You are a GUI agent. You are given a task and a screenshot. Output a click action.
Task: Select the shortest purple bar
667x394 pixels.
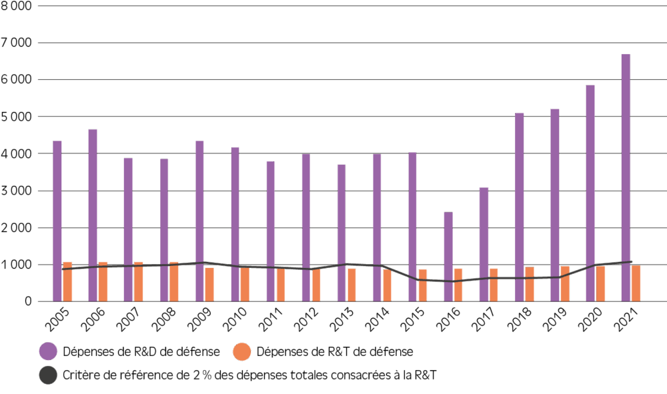[x=448, y=257]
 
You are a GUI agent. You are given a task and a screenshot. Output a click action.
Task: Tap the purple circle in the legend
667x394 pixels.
[x=48, y=351]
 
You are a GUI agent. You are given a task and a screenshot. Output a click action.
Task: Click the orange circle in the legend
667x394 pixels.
[x=242, y=351]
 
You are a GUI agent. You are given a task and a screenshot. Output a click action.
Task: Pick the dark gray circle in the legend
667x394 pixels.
[x=48, y=375]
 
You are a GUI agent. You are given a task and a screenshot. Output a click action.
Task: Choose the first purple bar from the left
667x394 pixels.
[x=57, y=221]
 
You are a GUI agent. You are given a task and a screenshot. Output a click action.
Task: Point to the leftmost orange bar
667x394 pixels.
[x=67, y=281]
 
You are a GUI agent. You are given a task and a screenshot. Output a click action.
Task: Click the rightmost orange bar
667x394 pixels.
[x=636, y=283]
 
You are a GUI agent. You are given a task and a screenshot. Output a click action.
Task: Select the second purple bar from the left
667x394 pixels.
[x=93, y=215]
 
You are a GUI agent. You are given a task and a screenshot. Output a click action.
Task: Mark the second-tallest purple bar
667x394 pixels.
[x=590, y=193]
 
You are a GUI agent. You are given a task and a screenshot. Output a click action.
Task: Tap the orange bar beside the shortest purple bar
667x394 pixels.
[x=458, y=285]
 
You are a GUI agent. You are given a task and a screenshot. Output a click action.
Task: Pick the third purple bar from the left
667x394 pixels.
[x=128, y=229]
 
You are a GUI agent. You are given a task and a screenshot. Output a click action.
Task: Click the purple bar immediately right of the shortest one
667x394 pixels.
[x=484, y=244]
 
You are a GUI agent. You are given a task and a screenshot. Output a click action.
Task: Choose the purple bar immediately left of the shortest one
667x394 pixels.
[x=412, y=227]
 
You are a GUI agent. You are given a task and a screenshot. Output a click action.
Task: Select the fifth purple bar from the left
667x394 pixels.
[x=199, y=221]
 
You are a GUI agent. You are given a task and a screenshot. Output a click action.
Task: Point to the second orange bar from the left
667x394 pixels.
[x=103, y=281]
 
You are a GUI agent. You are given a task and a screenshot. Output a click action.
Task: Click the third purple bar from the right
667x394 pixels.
[x=555, y=205]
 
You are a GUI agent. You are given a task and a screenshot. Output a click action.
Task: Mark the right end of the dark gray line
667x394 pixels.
[x=631, y=262]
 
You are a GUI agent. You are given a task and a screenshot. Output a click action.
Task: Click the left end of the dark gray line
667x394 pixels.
[x=62, y=269]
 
